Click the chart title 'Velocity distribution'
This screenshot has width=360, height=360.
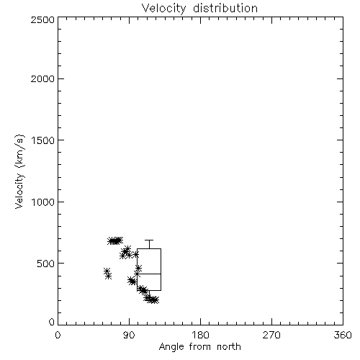pyautogui.click(x=199, y=9)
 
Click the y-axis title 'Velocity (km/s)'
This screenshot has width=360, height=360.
pyautogui.click(x=19, y=171)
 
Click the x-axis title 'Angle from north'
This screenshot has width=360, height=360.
pyautogui.click(x=199, y=347)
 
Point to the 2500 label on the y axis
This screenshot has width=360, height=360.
pyautogui.click(x=42, y=19)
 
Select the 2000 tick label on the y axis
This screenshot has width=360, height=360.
pyautogui.click(x=42, y=78)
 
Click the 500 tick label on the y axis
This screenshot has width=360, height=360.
pyautogui.click(x=45, y=264)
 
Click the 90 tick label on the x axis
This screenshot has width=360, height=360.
pyautogui.click(x=129, y=335)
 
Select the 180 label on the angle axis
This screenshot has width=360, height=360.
pyautogui.click(x=200, y=335)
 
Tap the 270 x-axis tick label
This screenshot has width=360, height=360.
pyautogui.click(x=271, y=335)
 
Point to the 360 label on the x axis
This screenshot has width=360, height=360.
pyautogui.click(x=343, y=335)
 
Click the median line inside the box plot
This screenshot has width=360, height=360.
pyautogui.click(x=149, y=274)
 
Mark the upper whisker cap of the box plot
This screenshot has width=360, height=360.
pyautogui.click(x=149, y=240)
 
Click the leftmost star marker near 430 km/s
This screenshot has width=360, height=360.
pyautogui.click(x=107, y=271)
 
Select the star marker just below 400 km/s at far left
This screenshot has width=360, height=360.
pyautogui.click(x=109, y=276)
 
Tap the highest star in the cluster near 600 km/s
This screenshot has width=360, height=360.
pyautogui.click(x=127, y=248)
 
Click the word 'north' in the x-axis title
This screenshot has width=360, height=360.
pyautogui.click(x=229, y=347)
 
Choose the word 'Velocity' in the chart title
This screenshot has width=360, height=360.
pyautogui.click(x=164, y=9)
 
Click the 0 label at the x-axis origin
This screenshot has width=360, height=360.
pyautogui.click(x=58, y=335)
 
